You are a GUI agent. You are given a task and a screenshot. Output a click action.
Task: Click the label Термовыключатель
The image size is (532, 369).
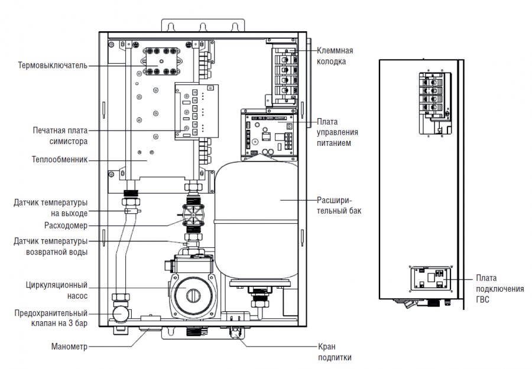(53, 66)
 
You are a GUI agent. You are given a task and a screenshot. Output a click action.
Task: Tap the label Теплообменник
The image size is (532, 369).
(60, 159)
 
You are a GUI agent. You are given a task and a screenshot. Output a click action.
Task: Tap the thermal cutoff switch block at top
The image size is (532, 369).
(161, 61)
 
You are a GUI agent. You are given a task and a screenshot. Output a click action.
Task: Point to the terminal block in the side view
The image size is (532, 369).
(437, 97)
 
